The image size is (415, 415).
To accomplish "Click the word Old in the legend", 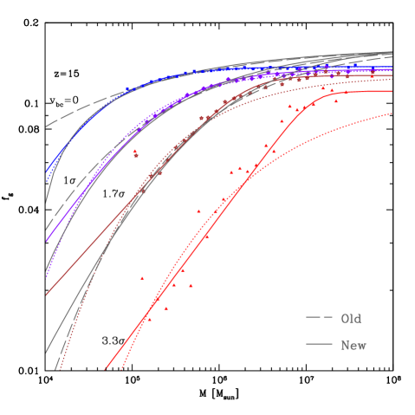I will (x=350, y=319).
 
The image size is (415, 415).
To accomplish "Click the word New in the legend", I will (x=353, y=346).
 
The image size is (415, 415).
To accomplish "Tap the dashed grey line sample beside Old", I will (x=319, y=319).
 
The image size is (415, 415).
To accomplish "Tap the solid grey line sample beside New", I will (x=319, y=346).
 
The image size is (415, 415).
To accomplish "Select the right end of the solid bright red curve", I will (x=392, y=91).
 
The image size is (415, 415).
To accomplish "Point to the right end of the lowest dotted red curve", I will (x=392, y=113).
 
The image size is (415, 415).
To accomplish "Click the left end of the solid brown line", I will (x=46, y=295).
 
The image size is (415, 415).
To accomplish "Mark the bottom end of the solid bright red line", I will (x=106, y=370).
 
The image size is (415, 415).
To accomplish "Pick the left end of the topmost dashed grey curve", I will (x=46, y=127).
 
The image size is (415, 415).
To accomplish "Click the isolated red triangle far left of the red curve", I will (x=142, y=278).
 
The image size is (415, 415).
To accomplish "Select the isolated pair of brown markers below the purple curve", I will (x=135, y=153).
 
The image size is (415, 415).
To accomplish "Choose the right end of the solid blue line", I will (x=392, y=68).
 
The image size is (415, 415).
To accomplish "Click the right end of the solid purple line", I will (x=392, y=71).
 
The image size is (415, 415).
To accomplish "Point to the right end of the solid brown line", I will (x=392, y=75).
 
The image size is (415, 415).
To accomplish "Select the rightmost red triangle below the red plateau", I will (x=336, y=101).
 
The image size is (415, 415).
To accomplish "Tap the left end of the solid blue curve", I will (x=46, y=171).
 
